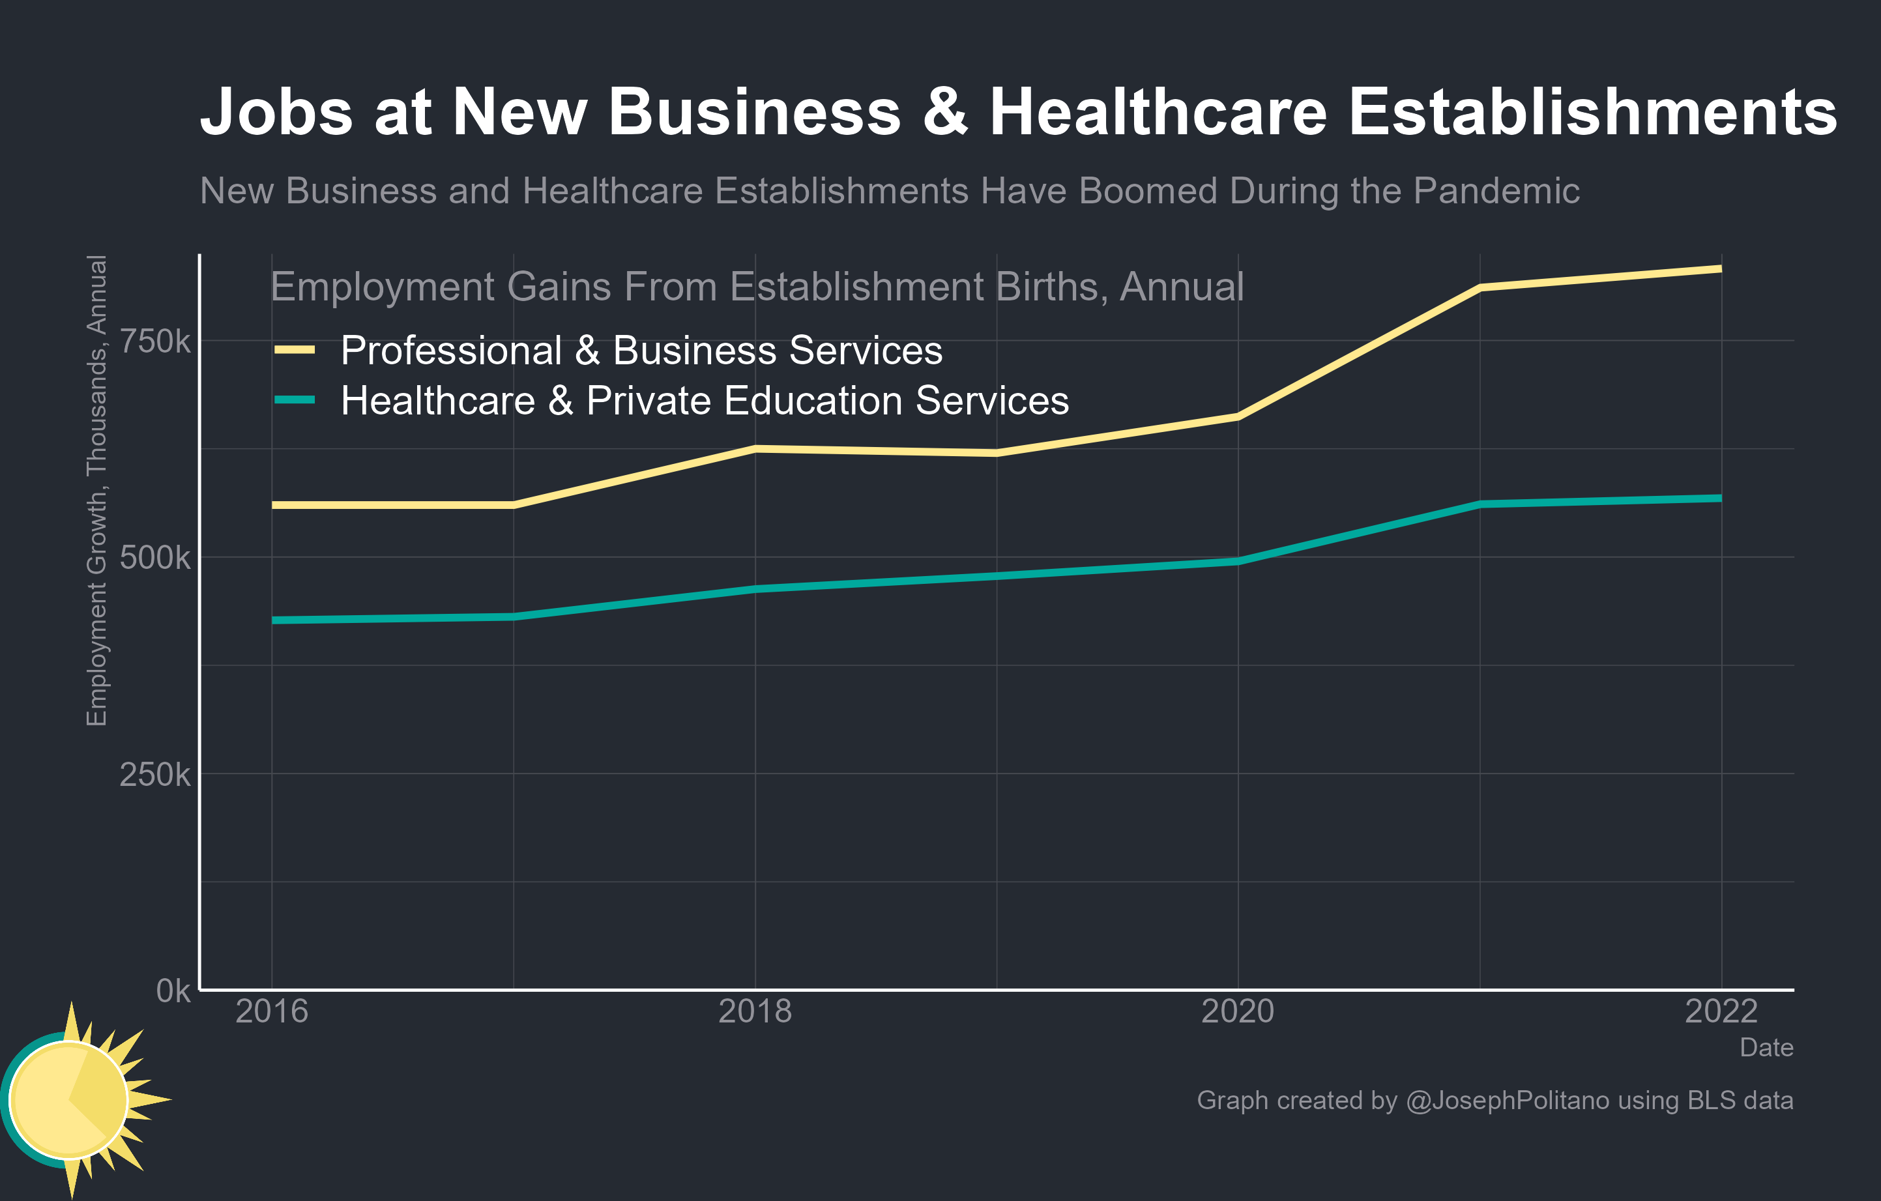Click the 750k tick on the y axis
(154, 341)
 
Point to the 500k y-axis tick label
(154, 558)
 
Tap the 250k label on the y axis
(154, 775)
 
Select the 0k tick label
(173, 991)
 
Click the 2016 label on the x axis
(272, 1012)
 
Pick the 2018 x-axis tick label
(755, 1012)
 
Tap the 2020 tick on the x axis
(1237, 1012)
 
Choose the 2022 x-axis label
(1721, 1012)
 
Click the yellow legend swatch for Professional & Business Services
(295, 350)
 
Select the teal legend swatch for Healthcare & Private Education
(295, 400)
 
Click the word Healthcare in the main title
(1158, 111)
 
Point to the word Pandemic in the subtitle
(1496, 192)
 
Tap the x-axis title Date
(1766, 1047)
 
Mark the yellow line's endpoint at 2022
(1721, 268)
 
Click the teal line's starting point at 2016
(272, 620)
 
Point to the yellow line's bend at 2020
(1237, 416)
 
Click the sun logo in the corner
(74, 1099)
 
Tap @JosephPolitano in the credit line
(1507, 1100)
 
